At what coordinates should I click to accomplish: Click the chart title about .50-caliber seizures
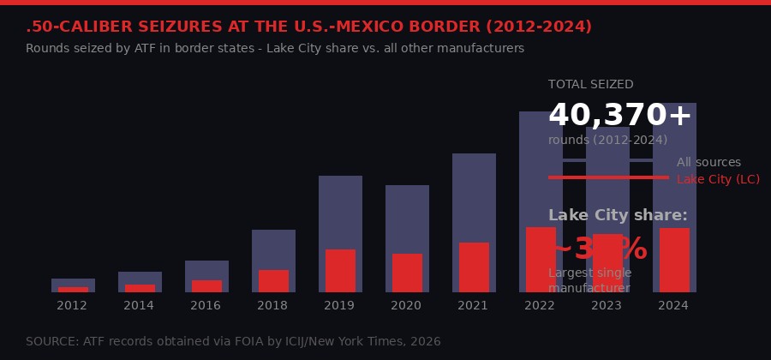point(308,27)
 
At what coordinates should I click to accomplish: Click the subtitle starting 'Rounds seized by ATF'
point(275,49)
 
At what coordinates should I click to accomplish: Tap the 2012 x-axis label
point(72,305)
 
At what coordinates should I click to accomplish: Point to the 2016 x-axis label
point(206,305)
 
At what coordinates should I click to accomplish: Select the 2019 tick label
point(339,305)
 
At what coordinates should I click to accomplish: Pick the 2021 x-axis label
point(473,305)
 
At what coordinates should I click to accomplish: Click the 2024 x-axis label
point(673,305)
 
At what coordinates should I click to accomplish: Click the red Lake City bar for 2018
point(273,281)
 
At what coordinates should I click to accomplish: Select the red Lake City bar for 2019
point(340,271)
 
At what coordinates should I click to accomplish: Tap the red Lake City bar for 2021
point(474,267)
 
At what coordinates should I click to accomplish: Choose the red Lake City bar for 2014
point(140,288)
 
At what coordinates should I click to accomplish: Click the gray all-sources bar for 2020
point(407,219)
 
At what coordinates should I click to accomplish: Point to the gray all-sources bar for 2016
point(206,269)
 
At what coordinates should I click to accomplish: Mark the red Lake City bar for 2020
point(407,273)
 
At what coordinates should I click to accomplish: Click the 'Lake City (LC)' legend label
point(718,180)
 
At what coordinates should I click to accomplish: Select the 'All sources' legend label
point(708,163)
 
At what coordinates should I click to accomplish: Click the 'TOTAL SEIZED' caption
point(590,85)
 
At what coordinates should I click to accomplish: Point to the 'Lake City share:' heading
point(618,216)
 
